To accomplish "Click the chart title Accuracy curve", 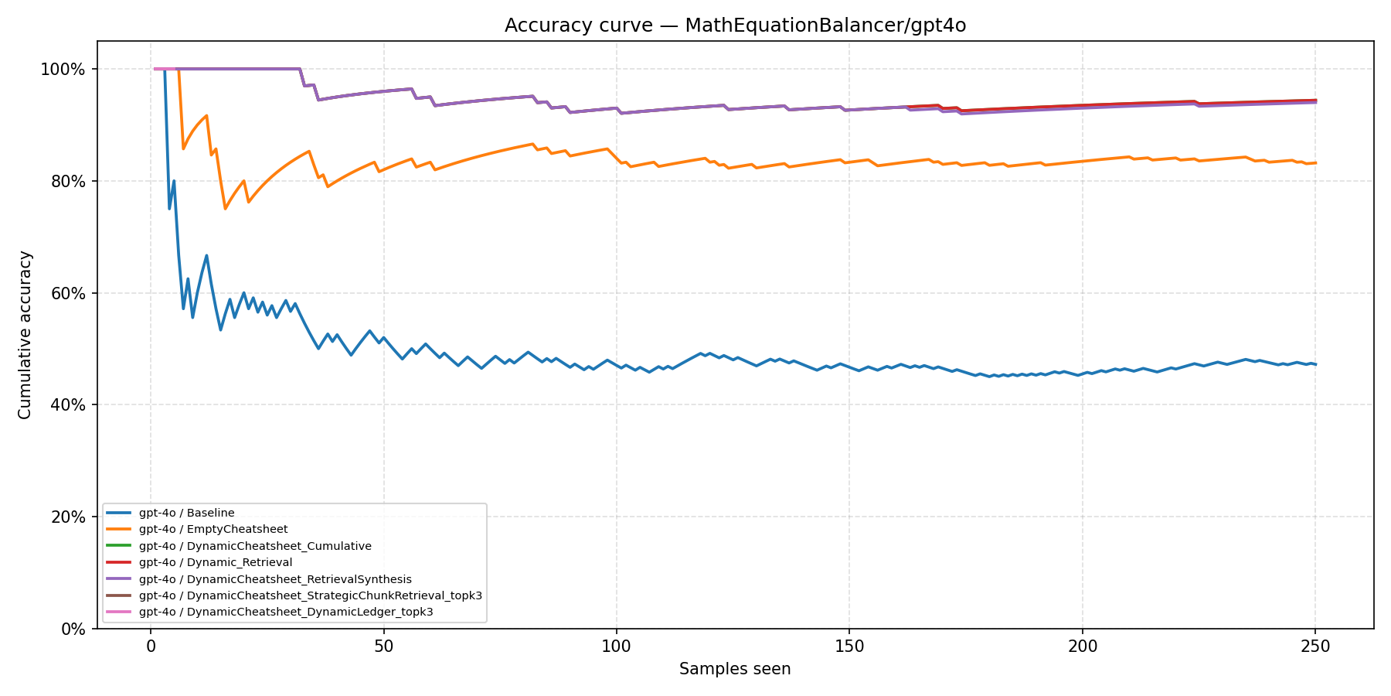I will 735,26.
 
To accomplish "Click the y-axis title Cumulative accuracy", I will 25,335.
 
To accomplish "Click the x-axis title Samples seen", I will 735,669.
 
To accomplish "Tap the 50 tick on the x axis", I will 383,646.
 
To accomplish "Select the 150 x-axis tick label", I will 849,646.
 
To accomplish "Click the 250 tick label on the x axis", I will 1314,646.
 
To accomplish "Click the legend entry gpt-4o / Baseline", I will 186,513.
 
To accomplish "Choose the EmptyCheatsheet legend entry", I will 213,529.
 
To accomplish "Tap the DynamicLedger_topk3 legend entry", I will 285,612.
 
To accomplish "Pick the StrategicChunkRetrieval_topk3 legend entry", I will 310,595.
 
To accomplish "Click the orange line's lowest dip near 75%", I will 225,209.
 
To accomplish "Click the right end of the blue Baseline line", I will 1315,364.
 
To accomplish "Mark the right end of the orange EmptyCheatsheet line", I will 1315,162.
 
